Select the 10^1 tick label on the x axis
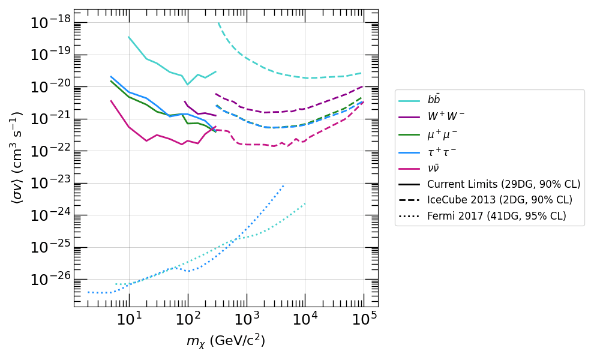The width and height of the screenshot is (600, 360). click(128, 319)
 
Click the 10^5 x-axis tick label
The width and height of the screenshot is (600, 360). click(364, 319)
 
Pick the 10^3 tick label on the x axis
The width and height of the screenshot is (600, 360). click(246, 319)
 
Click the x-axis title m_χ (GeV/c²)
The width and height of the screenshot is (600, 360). click(226, 341)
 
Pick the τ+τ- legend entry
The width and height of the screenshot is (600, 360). click(445, 152)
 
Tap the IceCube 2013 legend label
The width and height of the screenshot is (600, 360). click(499, 200)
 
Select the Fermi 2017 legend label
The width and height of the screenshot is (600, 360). click(496, 216)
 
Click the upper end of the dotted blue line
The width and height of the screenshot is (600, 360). click(284, 185)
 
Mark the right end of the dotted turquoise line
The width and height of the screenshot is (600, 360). click(305, 203)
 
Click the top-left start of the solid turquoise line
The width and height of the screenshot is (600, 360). click(128, 37)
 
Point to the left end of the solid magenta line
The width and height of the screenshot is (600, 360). click(111, 101)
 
